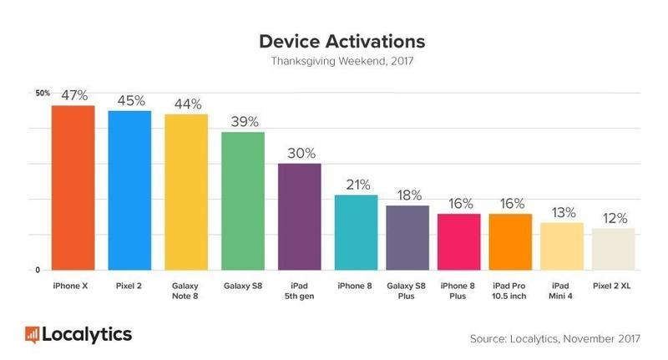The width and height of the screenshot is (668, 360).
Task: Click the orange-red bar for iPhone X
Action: pyautogui.click(x=73, y=188)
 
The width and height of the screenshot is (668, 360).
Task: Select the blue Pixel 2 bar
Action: pyautogui.click(x=129, y=190)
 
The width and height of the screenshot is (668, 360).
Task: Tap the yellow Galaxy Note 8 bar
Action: pyautogui.click(x=186, y=192)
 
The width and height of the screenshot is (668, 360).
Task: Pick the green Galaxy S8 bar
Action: pyautogui.click(x=243, y=201)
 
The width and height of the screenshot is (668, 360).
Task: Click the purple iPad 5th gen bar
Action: pyautogui.click(x=299, y=217)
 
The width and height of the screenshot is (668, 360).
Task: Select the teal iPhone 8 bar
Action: pyautogui.click(x=356, y=233)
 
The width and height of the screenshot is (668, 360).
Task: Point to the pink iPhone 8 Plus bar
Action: pyautogui.click(x=459, y=242)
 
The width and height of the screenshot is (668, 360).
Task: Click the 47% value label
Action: pyautogui.click(x=73, y=95)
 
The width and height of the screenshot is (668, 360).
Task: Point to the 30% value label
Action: pyautogui.click(x=300, y=153)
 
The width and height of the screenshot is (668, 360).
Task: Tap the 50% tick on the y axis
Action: pyautogui.click(x=43, y=93)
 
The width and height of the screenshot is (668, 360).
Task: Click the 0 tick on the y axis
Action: pyautogui.click(x=38, y=270)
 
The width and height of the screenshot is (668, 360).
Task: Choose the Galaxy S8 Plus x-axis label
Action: pyautogui.click(x=407, y=290)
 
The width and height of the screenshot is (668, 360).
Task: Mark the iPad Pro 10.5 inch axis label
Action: pyautogui.click(x=510, y=290)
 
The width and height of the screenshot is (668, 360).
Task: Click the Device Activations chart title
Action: pyautogui.click(x=333, y=41)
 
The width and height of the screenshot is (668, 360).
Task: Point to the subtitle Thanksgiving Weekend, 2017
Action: pyautogui.click(x=333, y=62)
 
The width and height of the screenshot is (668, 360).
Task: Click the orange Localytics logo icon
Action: pyautogui.click(x=33, y=335)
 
